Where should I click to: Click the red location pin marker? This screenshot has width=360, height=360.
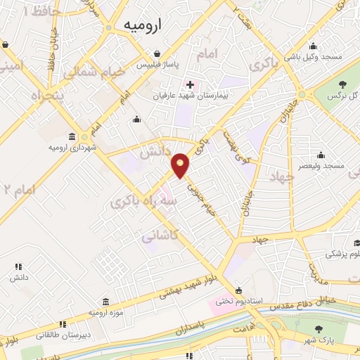pyautogui.click(x=181, y=164)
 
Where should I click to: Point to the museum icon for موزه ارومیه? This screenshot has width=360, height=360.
pyautogui.click(x=105, y=300)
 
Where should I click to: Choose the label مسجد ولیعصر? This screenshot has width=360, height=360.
pyautogui.click(x=321, y=166)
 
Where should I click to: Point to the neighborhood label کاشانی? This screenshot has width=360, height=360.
pyautogui.click(x=160, y=237)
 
